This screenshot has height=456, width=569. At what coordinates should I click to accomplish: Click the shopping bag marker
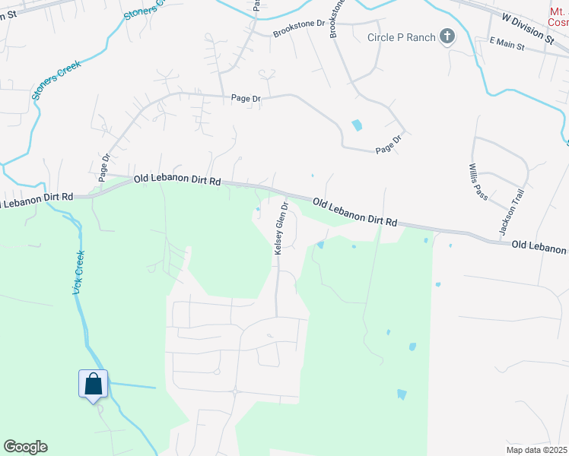coord(94,383)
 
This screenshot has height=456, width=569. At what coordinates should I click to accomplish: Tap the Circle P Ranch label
coord(402,37)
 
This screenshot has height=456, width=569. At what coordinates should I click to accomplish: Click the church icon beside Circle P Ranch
coord(447,36)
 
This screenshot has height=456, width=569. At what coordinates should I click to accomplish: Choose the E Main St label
coord(507,46)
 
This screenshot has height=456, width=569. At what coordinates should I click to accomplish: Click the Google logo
coord(25,447)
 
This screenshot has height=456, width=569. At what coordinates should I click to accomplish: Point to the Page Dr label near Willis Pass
coord(387,144)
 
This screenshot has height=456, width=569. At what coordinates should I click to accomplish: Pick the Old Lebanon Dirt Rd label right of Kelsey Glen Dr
coord(354,212)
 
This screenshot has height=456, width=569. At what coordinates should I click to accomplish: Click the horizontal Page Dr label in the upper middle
coord(246,98)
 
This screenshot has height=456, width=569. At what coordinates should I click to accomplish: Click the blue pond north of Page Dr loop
coord(356,125)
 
